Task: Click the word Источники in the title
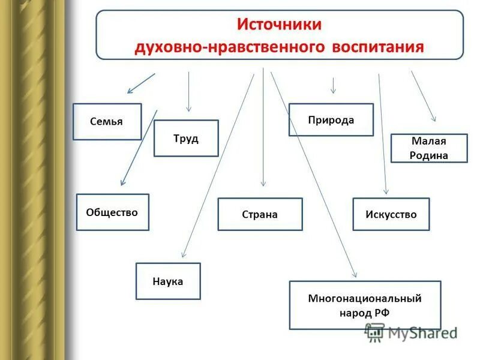[280, 25]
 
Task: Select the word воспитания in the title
[378, 46]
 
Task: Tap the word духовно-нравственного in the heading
[232, 46]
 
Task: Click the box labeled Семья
[107, 122]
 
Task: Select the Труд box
[186, 139]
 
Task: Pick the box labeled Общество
[112, 212]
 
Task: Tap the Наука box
[168, 281]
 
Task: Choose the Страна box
[260, 214]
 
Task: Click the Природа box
[331, 120]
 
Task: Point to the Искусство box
[391, 214]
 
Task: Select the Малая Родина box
[429, 148]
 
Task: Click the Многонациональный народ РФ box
[365, 305]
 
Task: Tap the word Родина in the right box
[430, 155]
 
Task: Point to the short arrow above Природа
[333, 85]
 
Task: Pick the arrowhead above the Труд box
[189, 109]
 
